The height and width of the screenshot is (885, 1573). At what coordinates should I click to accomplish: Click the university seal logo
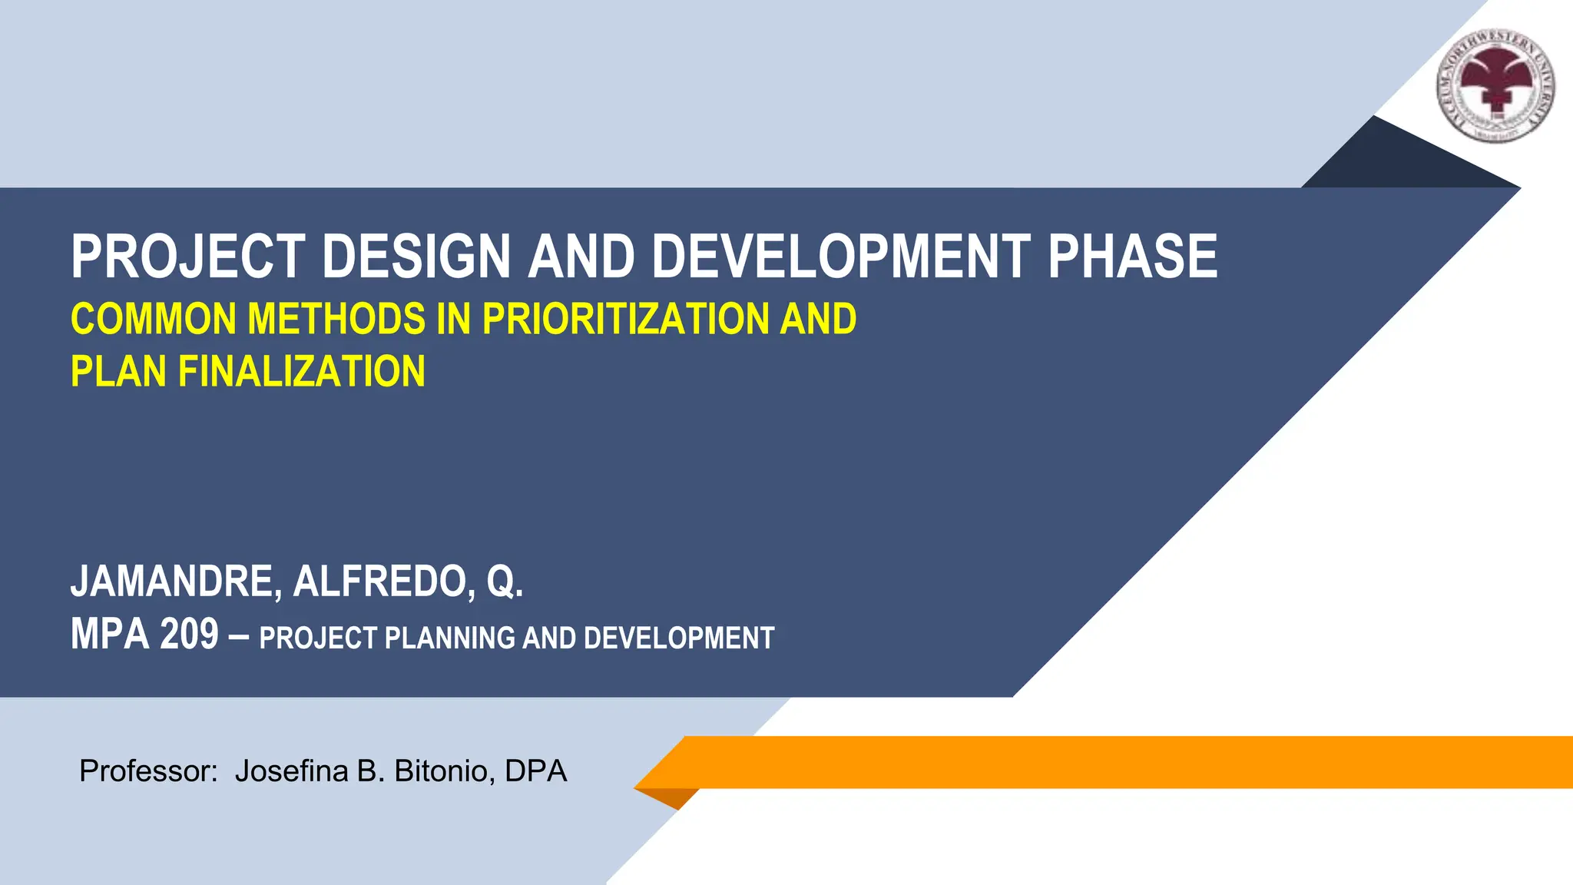coord(1496,87)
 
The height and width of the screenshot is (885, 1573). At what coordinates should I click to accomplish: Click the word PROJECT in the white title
coord(188,257)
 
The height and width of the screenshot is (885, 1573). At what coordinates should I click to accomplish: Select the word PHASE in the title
coord(1132,257)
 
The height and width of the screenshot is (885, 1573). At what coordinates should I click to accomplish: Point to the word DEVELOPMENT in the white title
coord(841,257)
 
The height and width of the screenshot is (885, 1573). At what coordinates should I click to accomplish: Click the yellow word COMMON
coord(153,320)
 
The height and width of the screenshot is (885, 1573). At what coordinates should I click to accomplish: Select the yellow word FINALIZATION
coord(301,372)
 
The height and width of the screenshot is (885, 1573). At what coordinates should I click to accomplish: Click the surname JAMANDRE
coord(176,582)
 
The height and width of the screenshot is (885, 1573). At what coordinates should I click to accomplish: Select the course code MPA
coord(109,635)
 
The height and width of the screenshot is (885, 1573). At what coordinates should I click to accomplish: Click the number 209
coord(190,635)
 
